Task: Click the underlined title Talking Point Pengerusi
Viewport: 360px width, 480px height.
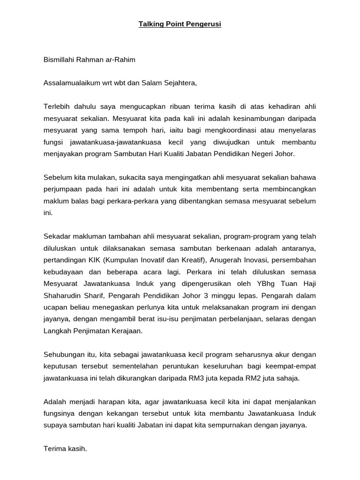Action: pyautogui.click(x=180, y=24)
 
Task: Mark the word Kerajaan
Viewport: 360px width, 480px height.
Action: pyautogui.click(x=127, y=330)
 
